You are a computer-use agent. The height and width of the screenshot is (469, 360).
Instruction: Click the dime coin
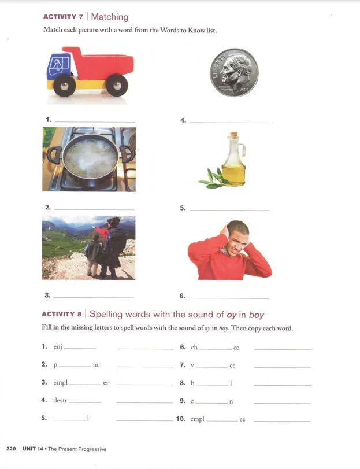[x=233, y=72]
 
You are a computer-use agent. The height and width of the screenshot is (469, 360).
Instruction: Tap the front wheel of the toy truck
[x=64, y=85]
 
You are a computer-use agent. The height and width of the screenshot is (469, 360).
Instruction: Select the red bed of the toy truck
[x=101, y=64]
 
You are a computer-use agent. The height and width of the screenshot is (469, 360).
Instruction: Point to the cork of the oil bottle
[x=233, y=136]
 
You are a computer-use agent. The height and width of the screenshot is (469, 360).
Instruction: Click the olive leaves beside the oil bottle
[x=212, y=179]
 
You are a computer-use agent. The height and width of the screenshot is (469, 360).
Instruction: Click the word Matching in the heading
[x=110, y=17]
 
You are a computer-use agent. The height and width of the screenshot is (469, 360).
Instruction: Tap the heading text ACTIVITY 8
[x=62, y=315]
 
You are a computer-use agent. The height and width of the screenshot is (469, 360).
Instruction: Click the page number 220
[x=10, y=449]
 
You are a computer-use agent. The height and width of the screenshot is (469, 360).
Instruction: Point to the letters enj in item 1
[x=57, y=347]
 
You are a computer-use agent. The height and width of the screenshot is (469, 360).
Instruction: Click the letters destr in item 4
[x=61, y=400]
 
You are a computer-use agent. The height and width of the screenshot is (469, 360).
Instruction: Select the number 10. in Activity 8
[x=180, y=419]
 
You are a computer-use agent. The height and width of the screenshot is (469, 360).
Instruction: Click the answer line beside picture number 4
[x=229, y=121]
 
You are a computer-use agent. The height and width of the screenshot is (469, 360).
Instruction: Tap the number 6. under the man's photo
[x=182, y=296]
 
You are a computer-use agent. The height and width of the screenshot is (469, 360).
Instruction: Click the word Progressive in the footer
[x=92, y=449]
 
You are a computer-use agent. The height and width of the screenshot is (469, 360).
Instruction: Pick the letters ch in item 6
[x=194, y=347]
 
